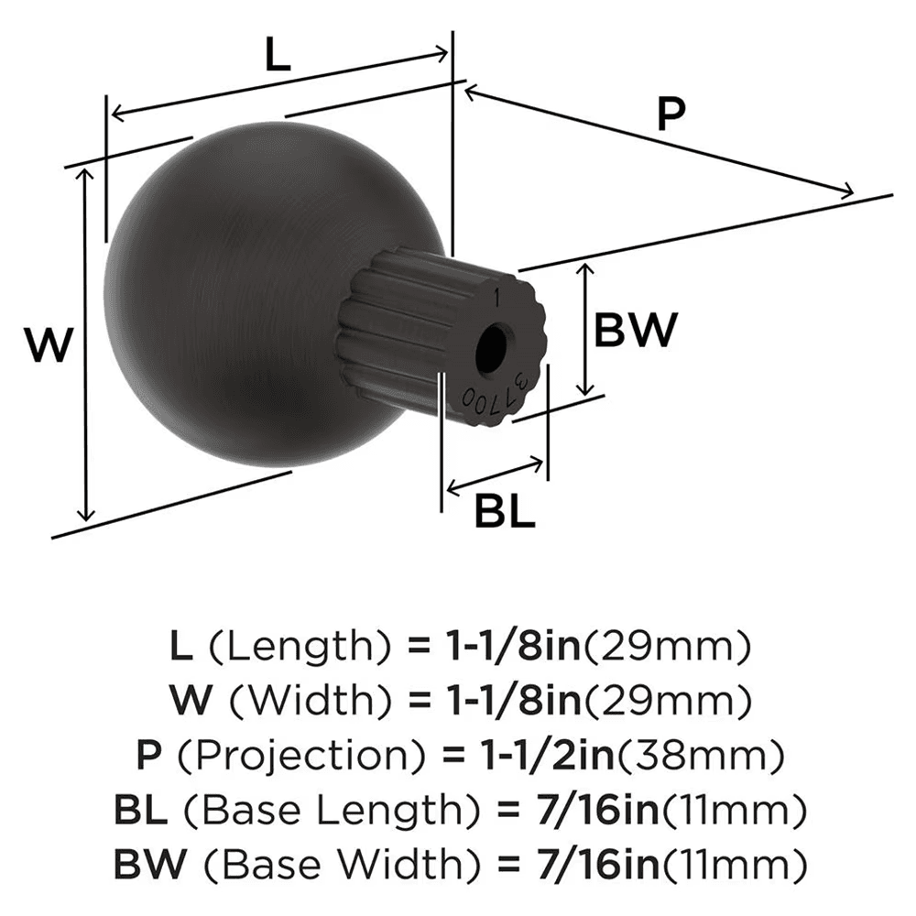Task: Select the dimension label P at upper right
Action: pos(671,114)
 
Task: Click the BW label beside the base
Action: pos(636,331)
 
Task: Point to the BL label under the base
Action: pos(504,513)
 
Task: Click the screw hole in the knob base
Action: pos(494,348)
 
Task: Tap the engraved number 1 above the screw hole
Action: pos(496,299)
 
